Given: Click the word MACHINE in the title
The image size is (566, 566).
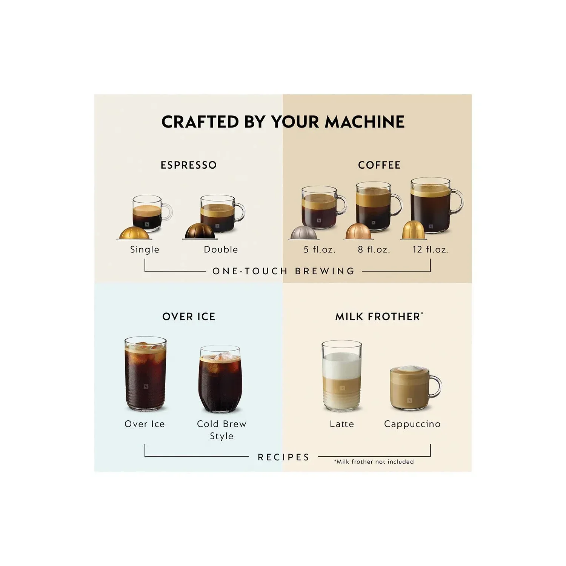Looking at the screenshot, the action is click(x=365, y=122).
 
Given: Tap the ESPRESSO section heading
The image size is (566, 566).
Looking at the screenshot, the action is click(x=189, y=165).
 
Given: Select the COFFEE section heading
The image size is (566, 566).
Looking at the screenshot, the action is click(x=379, y=165).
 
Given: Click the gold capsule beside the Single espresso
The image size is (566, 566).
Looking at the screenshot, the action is click(x=134, y=232).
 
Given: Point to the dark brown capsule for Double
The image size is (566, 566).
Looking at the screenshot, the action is click(x=200, y=231).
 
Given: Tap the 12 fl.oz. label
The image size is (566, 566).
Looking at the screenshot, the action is click(x=431, y=249).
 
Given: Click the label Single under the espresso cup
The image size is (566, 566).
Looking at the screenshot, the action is click(x=145, y=249).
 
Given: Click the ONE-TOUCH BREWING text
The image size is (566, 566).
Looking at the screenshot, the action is click(x=283, y=271).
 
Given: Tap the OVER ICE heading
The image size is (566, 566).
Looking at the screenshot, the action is click(x=189, y=316).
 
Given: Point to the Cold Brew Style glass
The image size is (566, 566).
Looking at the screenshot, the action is click(x=220, y=379).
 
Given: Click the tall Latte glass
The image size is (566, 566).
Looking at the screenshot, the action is click(x=342, y=375).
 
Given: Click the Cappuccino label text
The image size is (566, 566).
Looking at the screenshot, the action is click(x=412, y=424).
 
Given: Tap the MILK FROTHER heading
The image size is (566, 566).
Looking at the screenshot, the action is click(x=379, y=316).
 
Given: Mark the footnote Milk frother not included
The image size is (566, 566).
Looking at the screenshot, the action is click(x=374, y=461).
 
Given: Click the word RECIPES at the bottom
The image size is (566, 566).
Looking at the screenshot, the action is click(x=283, y=457).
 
